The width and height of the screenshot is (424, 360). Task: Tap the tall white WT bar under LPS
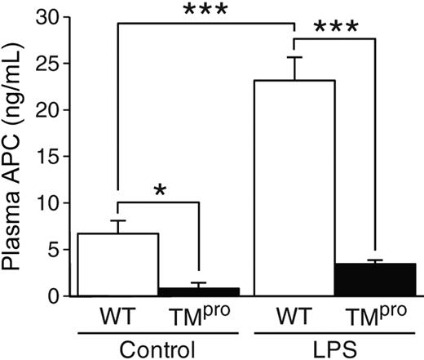[294, 188]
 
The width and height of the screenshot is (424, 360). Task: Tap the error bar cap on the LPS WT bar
[294, 57]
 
